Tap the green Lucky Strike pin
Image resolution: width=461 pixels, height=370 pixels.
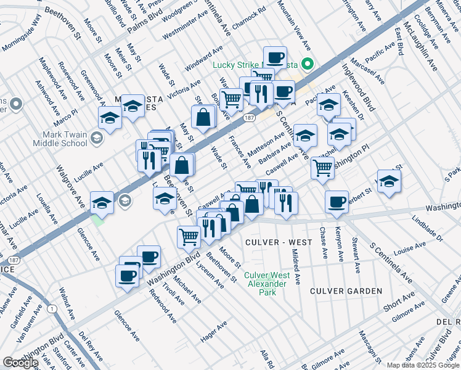pos(306,64)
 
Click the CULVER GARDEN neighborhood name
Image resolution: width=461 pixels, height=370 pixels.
pos(346,290)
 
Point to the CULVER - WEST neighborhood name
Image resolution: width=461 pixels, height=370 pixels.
pos(275,242)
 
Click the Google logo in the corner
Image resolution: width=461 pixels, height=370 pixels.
pos(20,363)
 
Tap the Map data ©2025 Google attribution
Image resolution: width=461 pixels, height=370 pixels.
pos(423,365)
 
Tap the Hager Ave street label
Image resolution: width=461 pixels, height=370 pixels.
pos(214,334)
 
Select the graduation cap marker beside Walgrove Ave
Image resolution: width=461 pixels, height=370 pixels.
pos(102,202)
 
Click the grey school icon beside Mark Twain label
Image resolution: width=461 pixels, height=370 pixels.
pos(96,138)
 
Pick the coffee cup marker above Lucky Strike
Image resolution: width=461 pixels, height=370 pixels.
pos(275,57)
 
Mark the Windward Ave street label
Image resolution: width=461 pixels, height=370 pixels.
pos(205,57)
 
